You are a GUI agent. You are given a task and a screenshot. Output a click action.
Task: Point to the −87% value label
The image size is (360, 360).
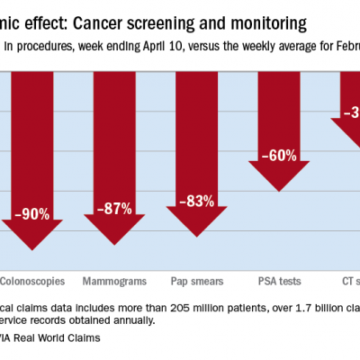click(114, 208)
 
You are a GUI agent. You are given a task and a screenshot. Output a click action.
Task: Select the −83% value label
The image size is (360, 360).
click(196, 201)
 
